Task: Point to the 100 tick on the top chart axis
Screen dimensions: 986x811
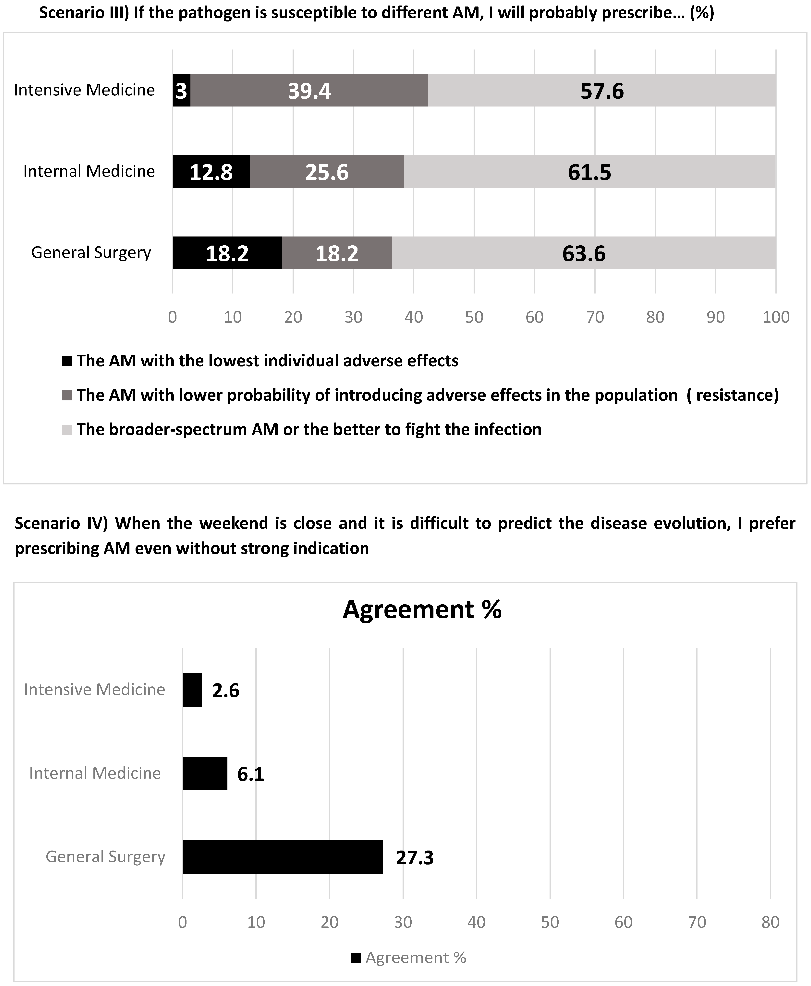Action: [776, 317]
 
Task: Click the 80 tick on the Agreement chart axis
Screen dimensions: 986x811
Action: [770, 922]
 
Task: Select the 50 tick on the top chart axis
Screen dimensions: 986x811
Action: [474, 317]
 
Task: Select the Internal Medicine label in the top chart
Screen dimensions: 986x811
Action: [89, 171]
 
